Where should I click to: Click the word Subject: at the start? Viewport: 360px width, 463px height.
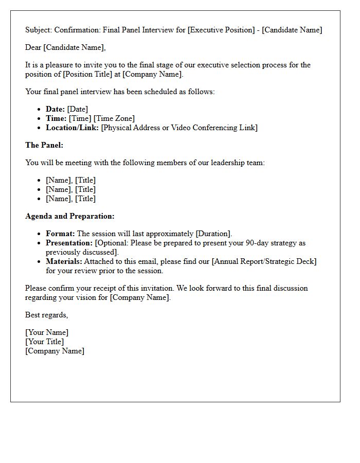(x=39, y=30)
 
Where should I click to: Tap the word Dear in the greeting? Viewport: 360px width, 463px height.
(x=33, y=48)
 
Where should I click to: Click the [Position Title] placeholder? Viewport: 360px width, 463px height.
(x=86, y=74)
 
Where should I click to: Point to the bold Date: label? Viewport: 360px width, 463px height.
(x=55, y=109)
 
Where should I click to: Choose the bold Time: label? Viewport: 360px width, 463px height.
(x=56, y=118)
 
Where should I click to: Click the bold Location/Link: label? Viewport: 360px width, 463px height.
(x=73, y=128)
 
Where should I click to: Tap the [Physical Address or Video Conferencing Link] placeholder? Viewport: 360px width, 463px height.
(x=179, y=128)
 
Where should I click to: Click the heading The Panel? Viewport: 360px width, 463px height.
(x=44, y=145)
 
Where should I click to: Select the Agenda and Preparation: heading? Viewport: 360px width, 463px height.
(x=70, y=216)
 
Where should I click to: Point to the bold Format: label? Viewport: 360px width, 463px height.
(x=60, y=234)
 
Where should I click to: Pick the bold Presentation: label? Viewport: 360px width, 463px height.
(x=69, y=243)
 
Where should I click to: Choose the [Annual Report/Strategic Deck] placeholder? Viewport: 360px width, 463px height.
(x=264, y=261)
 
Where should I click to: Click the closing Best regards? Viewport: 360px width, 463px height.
(x=46, y=315)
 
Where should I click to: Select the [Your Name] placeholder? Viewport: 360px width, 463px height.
(x=47, y=332)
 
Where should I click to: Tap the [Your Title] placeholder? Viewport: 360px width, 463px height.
(x=45, y=342)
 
